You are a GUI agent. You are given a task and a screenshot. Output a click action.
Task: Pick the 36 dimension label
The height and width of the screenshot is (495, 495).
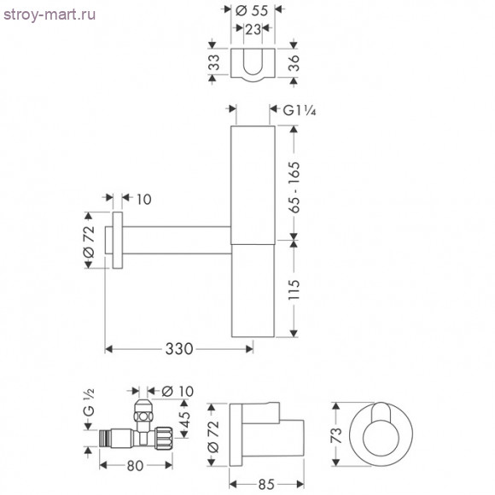[x=293, y=62]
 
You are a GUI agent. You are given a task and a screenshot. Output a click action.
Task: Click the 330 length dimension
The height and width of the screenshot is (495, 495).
[x=179, y=348]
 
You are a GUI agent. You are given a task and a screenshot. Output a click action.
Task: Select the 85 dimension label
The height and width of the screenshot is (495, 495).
[x=265, y=484]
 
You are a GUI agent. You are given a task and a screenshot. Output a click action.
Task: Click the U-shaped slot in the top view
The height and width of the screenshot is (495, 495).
[x=253, y=67]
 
